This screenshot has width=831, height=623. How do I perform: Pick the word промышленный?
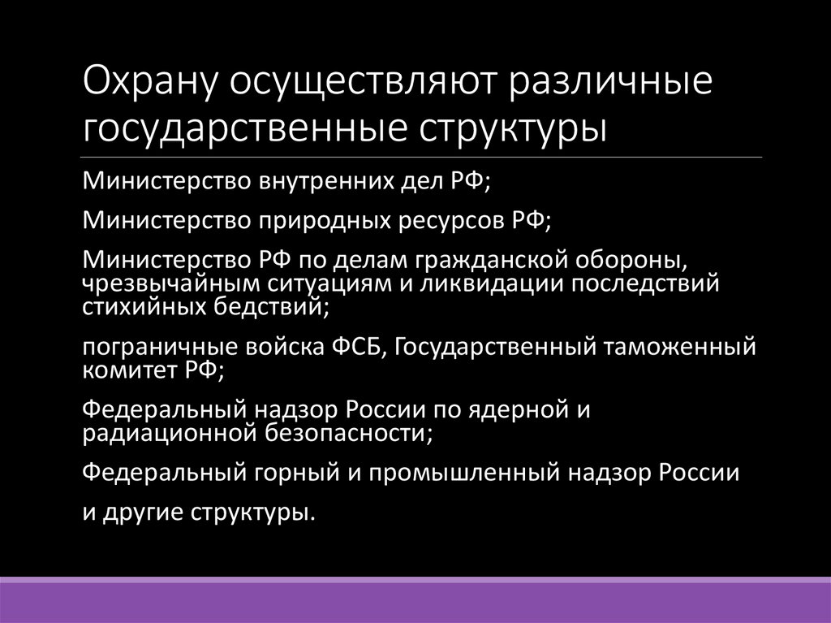(x=461, y=474)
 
